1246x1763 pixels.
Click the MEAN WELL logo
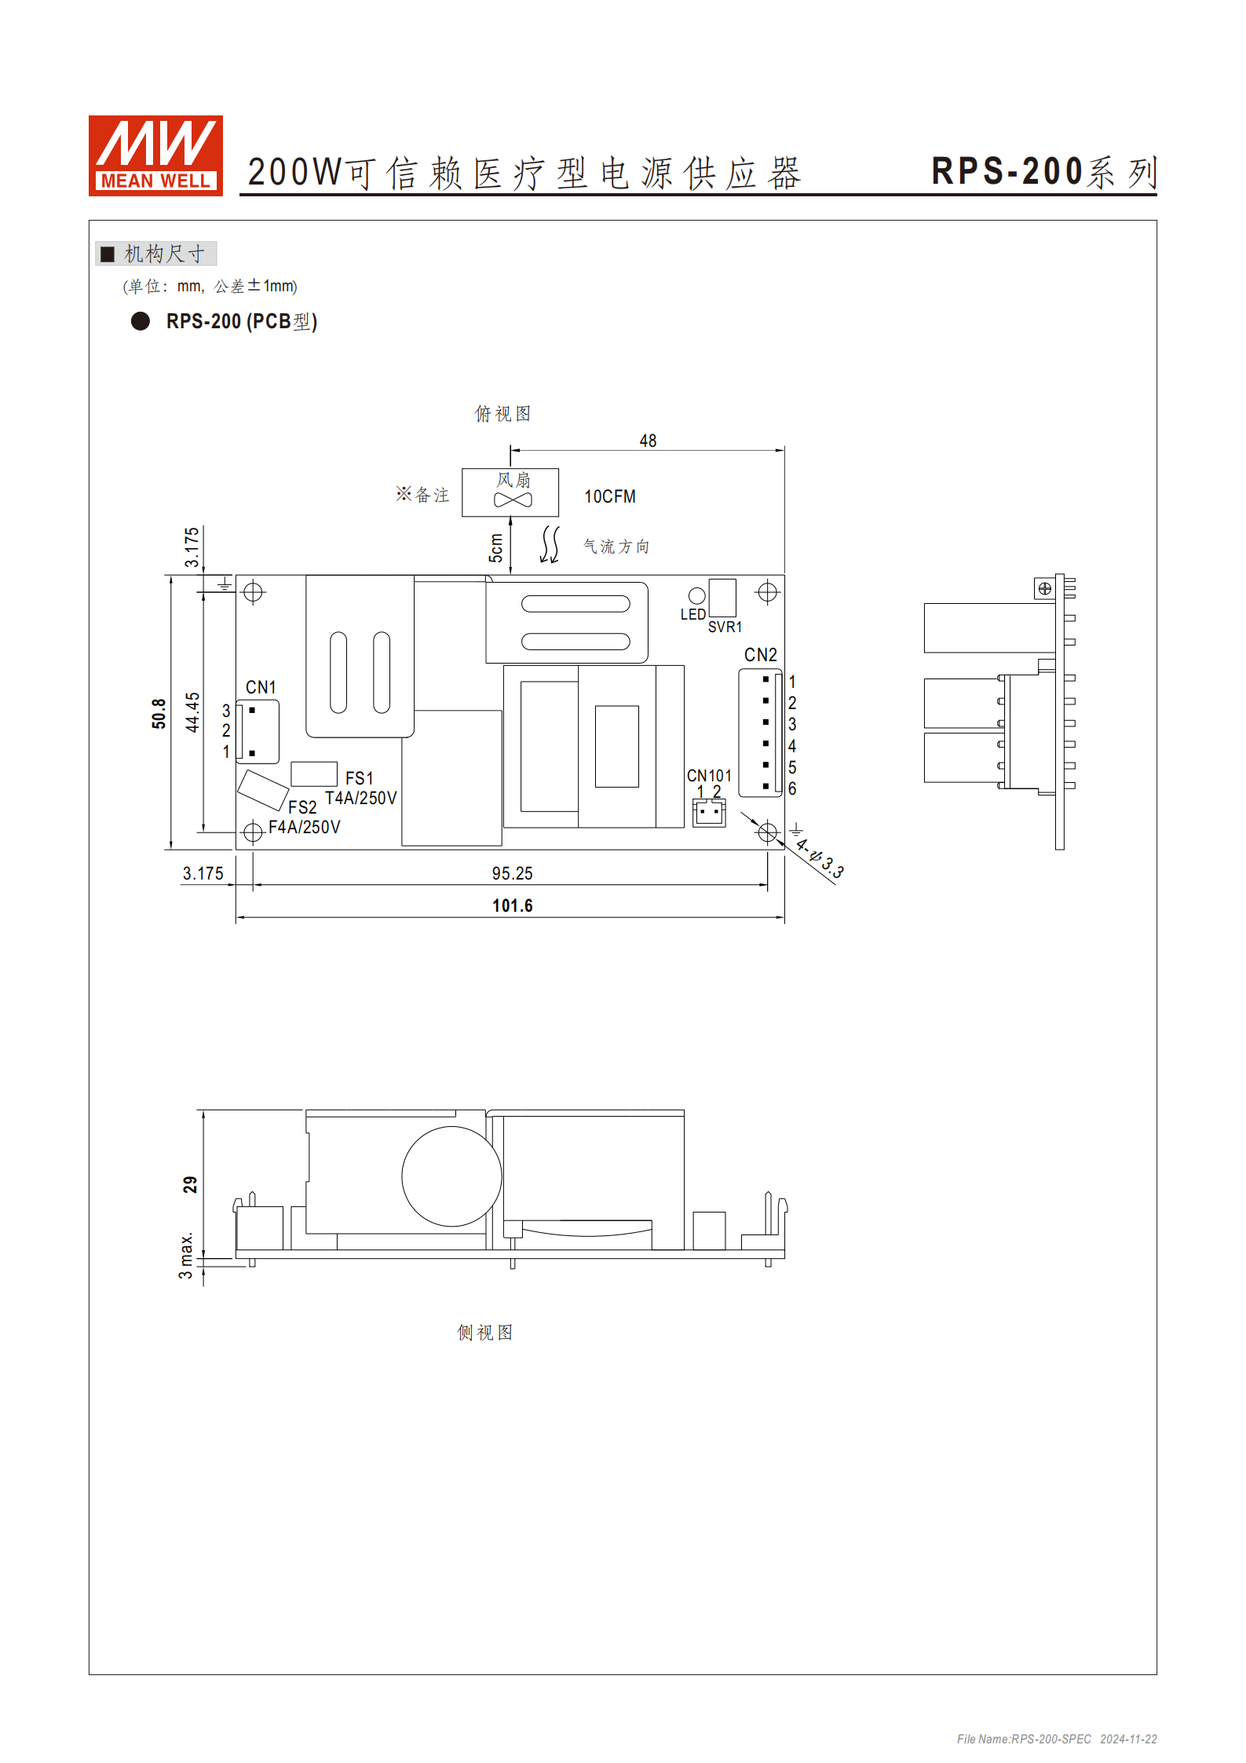[155, 155]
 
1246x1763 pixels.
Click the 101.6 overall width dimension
[512, 905]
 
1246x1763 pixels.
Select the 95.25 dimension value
[512, 873]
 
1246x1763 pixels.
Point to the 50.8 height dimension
[159, 713]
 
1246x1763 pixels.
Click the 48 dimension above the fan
[648, 441]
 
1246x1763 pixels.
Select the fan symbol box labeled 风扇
[510, 492]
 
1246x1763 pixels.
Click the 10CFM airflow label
[609, 496]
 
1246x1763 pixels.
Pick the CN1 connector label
[261, 687]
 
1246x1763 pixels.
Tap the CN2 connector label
[760, 654]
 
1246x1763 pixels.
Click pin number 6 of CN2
[792, 788]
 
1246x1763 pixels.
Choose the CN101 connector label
[709, 775]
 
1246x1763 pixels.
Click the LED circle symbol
[696, 596]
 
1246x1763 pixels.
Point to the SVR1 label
[725, 627]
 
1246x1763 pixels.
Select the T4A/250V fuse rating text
[361, 798]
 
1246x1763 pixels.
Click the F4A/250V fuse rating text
[305, 827]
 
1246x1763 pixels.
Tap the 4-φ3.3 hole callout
[820, 858]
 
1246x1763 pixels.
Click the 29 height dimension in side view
[190, 1184]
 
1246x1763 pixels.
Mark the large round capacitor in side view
[451, 1176]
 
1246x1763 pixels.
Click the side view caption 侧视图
[484, 1333]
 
